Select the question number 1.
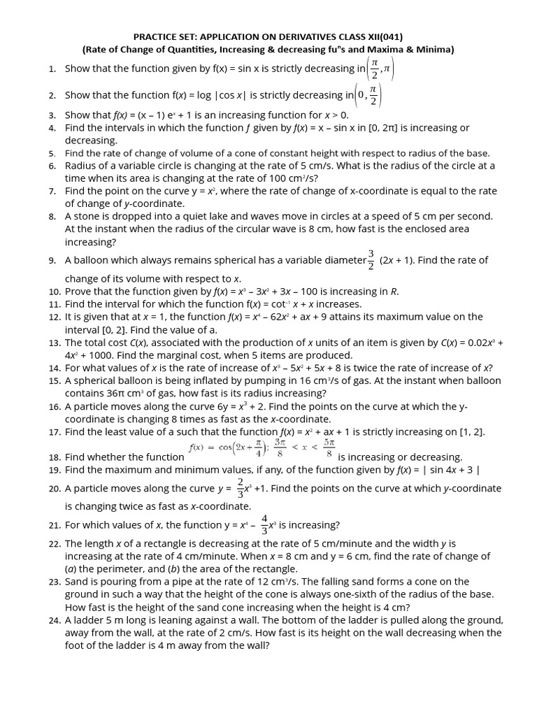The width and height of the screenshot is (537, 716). pos(52,69)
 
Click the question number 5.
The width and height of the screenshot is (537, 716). pos(52,153)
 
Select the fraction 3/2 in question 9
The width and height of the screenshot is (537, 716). pos(371,259)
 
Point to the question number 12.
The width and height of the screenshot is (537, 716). pos(55,317)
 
